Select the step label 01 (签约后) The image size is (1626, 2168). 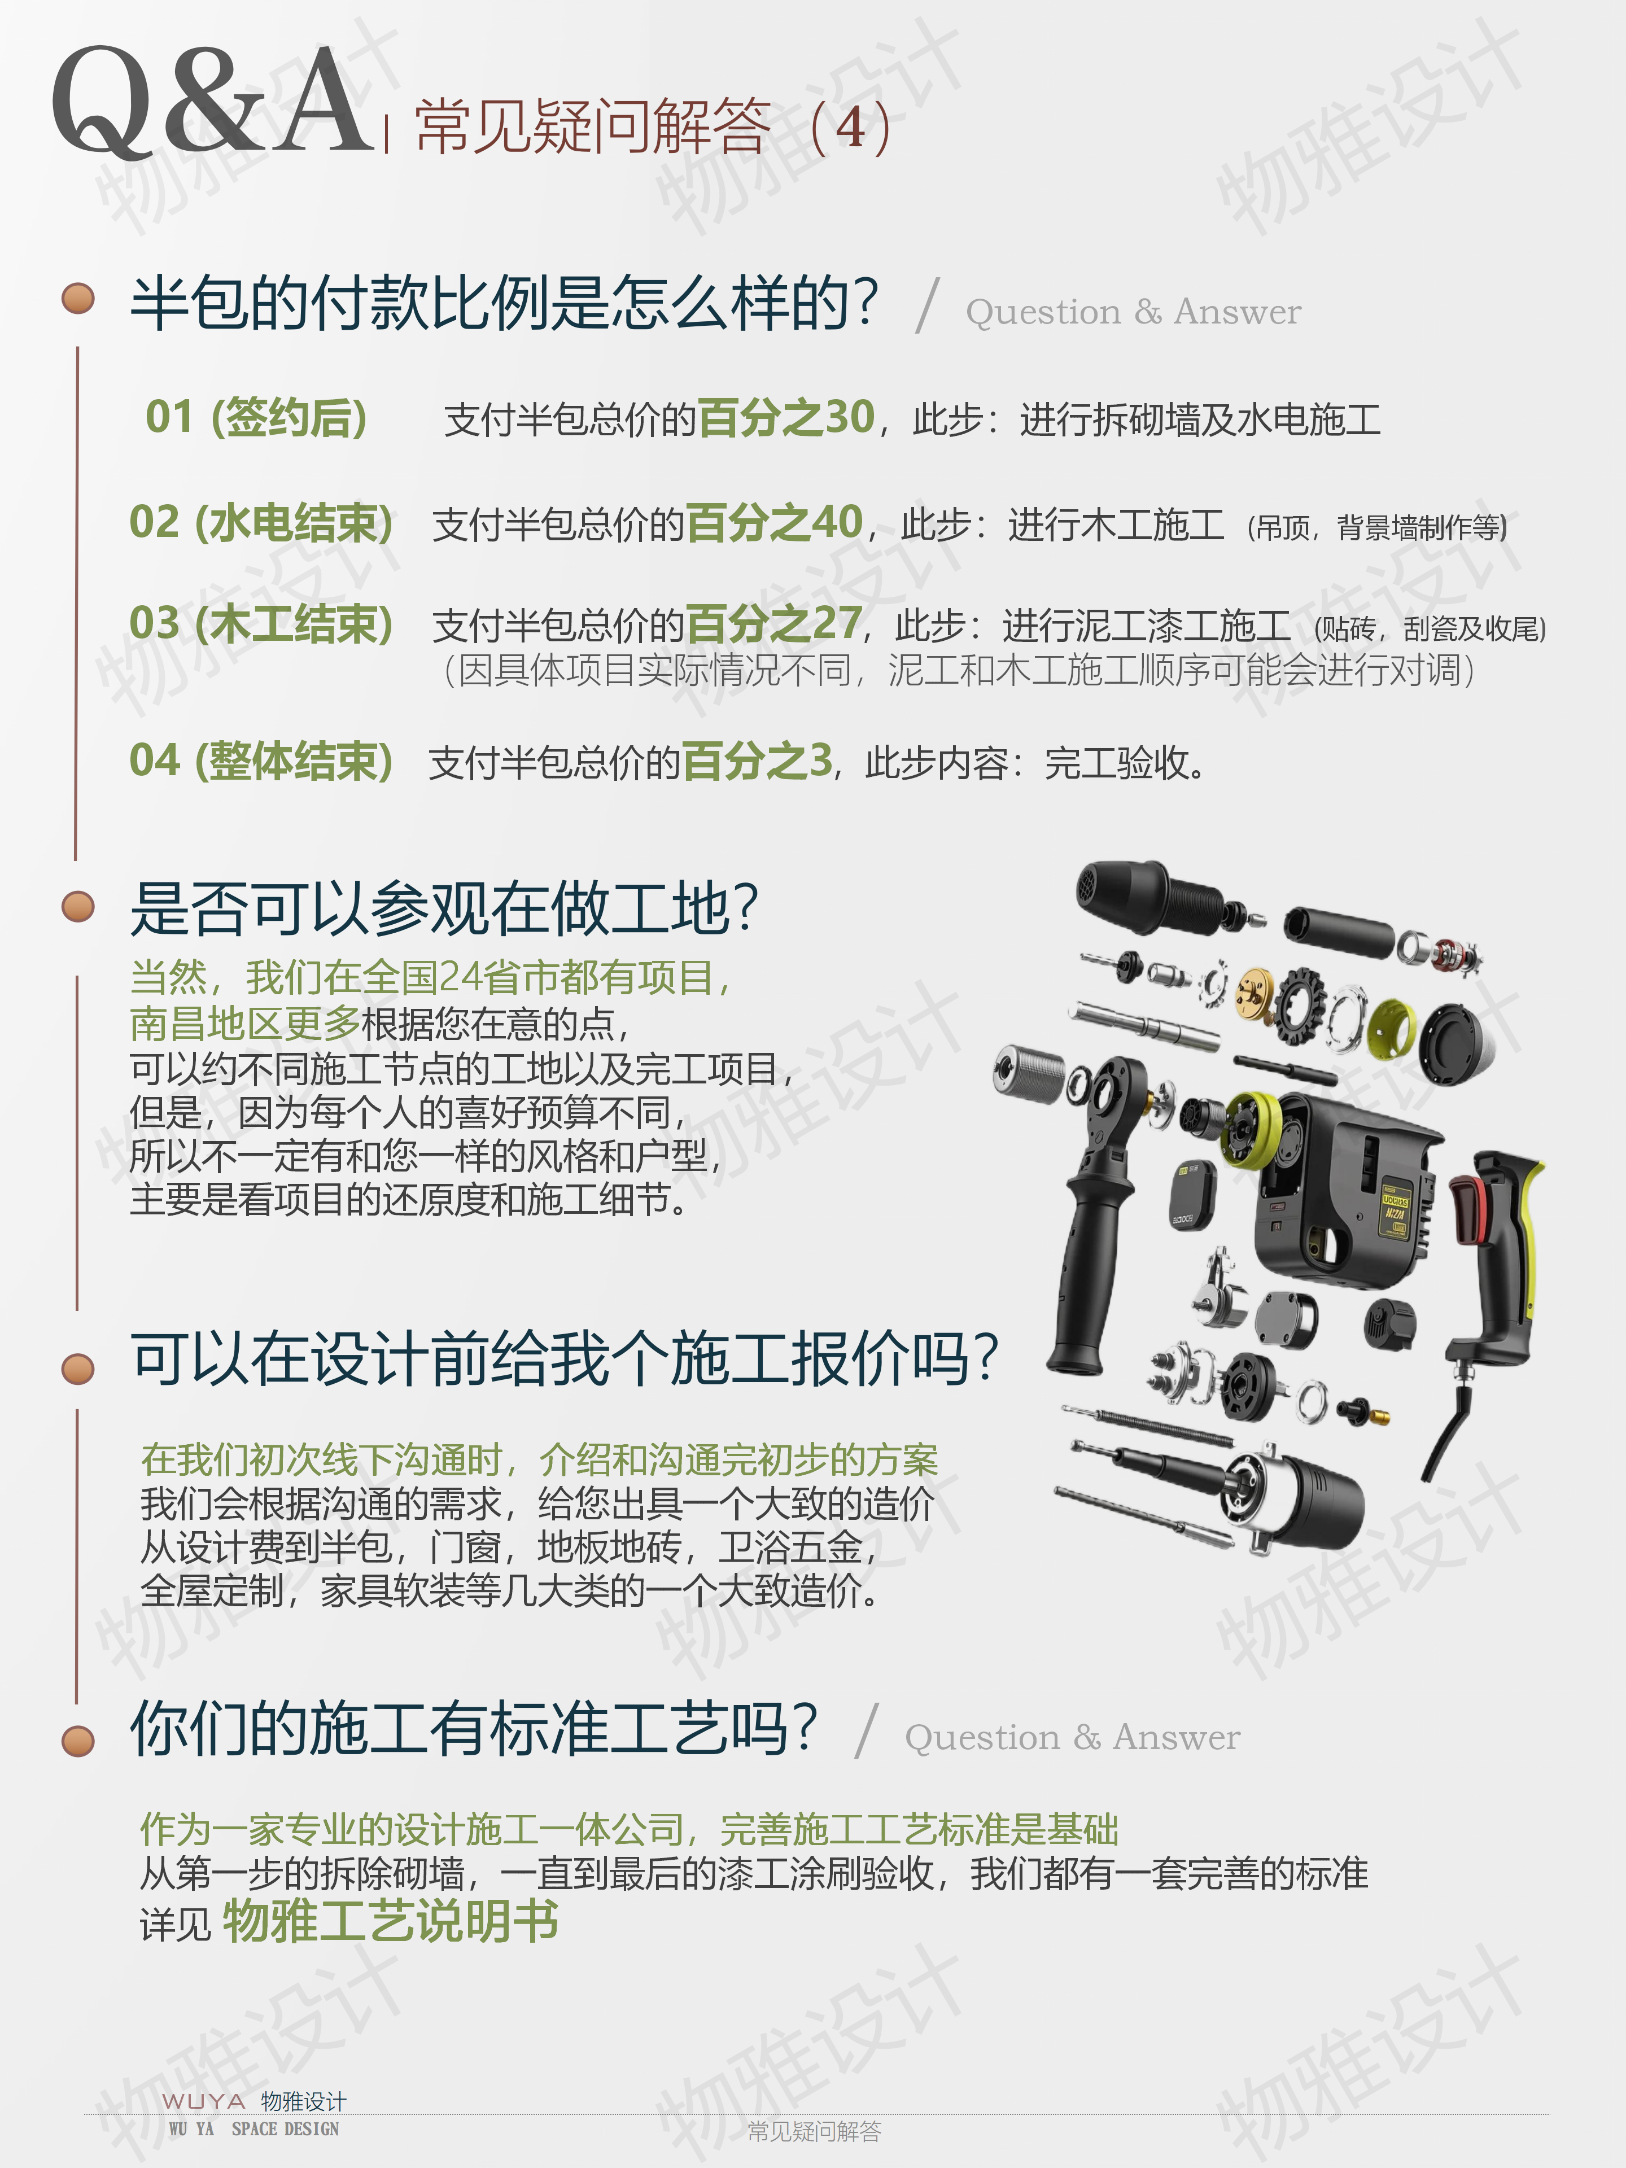click(x=257, y=418)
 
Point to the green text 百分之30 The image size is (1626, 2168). click(x=786, y=418)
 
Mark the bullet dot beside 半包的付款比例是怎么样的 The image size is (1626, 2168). click(x=78, y=298)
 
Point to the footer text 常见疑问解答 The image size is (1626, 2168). click(x=815, y=2131)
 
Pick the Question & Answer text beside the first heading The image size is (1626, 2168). click(x=1133, y=312)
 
